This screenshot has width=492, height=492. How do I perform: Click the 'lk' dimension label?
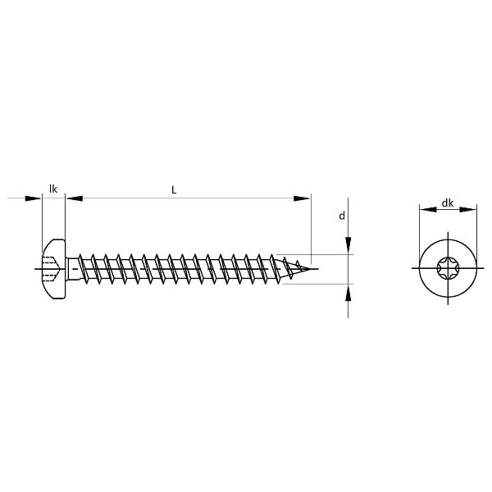(53, 189)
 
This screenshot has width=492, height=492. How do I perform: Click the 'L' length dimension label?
(174, 190)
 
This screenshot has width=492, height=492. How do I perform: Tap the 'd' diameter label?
(342, 216)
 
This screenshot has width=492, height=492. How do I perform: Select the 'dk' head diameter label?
(448, 203)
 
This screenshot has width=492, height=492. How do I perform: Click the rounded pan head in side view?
(54, 269)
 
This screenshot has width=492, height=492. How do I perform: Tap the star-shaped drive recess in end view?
(448, 269)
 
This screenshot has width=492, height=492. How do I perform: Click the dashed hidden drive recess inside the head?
(49, 269)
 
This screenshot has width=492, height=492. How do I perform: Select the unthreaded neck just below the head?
(72, 269)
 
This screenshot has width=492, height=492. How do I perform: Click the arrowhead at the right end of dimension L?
(301, 198)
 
